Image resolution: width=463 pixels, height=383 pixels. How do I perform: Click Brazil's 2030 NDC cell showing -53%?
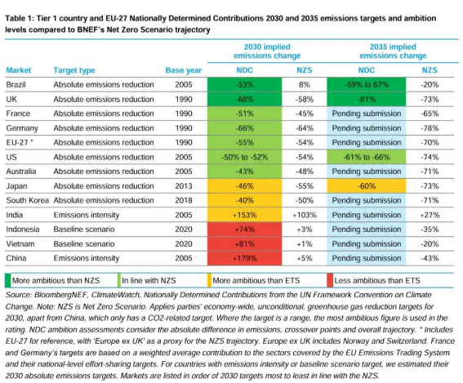[244, 84]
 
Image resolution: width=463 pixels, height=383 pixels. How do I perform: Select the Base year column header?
[184, 70]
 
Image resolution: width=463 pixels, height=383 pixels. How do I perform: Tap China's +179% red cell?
[244, 258]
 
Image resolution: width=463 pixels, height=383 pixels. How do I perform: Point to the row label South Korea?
[27, 200]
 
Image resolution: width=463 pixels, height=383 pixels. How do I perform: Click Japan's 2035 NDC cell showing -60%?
[367, 186]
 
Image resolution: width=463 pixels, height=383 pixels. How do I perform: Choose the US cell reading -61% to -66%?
[367, 157]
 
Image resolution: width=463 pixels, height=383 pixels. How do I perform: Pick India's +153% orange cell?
[244, 215]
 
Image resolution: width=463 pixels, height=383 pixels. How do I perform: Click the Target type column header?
[74, 70]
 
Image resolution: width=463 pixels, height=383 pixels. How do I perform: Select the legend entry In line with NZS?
[149, 281]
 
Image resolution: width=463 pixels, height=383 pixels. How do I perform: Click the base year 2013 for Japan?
[184, 186]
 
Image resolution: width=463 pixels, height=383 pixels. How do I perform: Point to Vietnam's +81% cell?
[244, 244]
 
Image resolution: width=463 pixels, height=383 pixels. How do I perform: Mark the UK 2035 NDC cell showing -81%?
[367, 99]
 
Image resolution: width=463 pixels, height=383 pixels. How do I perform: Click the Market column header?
[18, 70]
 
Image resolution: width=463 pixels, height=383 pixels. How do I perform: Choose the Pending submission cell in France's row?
[367, 114]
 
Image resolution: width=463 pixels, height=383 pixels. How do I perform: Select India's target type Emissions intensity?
[87, 215]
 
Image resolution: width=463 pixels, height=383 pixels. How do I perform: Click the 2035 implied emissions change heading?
[393, 51]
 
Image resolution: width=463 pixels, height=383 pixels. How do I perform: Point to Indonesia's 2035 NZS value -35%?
[430, 229]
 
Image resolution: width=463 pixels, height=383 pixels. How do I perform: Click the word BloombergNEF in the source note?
[60, 295]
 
